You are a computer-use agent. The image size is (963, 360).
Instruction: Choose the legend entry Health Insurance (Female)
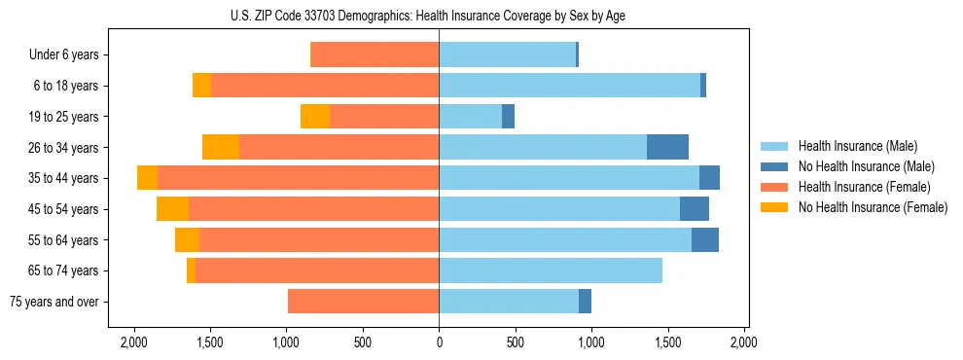(x=856, y=187)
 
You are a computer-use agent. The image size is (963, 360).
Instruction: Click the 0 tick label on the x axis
(x=439, y=342)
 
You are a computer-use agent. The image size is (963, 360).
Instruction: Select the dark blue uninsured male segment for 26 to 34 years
(x=667, y=147)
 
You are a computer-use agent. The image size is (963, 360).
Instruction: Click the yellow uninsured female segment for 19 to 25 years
(x=315, y=117)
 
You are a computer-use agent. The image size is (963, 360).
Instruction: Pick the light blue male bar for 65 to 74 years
(x=551, y=270)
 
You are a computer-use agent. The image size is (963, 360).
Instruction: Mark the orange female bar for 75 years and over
(x=363, y=302)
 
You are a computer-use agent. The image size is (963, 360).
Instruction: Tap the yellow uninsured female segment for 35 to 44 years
(x=147, y=178)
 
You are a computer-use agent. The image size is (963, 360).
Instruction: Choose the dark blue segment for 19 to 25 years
(x=508, y=117)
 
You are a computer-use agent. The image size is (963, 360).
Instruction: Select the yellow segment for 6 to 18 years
(x=201, y=86)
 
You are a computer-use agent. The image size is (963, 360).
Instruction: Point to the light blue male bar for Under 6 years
(x=507, y=54)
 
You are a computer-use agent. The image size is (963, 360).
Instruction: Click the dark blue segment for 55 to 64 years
(x=705, y=239)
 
